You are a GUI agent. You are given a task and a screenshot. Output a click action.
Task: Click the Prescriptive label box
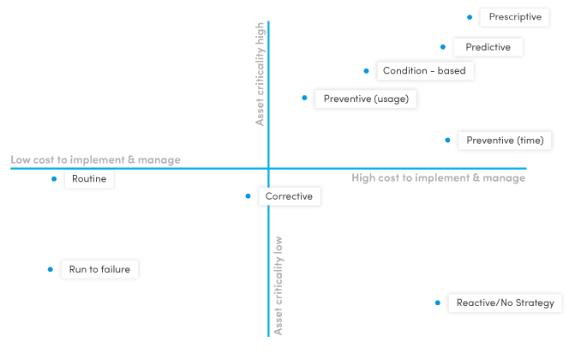[515, 17]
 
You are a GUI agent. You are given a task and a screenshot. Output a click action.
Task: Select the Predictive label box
[488, 47]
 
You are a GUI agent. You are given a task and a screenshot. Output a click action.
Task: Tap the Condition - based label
[424, 71]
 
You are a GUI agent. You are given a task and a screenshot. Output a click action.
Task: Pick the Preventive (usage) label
[366, 99]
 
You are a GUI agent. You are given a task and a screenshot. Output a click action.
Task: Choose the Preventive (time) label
[505, 141]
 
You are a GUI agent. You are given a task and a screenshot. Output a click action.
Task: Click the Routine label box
[89, 180]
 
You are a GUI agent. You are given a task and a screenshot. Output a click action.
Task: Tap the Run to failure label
[99, 269]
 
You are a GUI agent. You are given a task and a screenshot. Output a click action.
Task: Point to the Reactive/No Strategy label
[505, 303]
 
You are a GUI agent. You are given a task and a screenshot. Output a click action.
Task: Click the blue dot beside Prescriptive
[470, 17]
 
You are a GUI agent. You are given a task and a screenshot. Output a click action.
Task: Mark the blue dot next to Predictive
[443, 47]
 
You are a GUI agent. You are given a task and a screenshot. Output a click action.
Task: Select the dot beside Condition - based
[367, 71]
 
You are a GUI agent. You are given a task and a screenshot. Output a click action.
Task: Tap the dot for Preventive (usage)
[304, 98]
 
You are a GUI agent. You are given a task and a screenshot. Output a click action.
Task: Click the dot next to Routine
[54, 179]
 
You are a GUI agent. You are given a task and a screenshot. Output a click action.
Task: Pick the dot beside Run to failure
[51, 269]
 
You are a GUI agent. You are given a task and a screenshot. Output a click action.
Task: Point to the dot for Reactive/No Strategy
[438, 303]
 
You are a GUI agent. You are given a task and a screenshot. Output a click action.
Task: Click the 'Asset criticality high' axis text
[261, 75]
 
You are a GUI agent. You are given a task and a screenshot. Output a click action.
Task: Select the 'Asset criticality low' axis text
[278, 285]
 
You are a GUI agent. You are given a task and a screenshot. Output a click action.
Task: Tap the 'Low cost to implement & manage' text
[95, 160]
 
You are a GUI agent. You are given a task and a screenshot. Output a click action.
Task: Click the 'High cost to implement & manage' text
[438, 178]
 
